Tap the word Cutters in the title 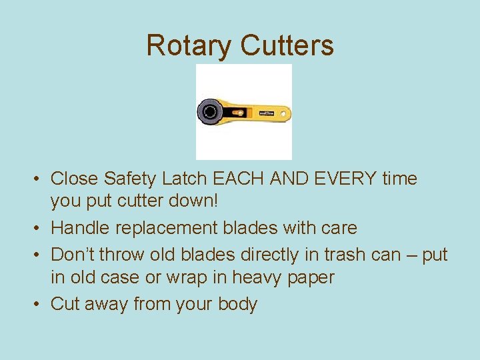[x=287, y=45]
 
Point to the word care [x=337, y=228]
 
